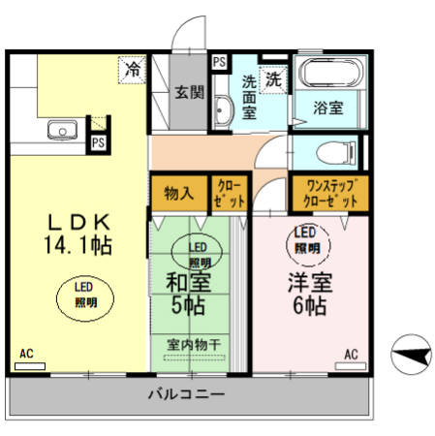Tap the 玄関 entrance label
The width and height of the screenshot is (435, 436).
189,93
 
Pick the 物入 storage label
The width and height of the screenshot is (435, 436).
178,191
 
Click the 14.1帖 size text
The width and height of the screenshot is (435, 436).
77,245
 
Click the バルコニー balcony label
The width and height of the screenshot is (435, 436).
187,395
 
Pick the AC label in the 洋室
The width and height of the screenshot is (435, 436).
351,354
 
